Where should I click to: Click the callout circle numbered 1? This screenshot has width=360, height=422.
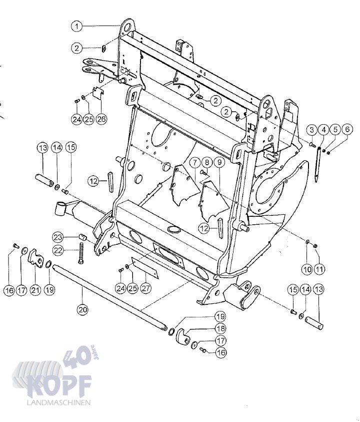pyautogui.click(x=77, y=27)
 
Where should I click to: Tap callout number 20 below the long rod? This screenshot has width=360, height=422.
pyautogui.click(x=82, y=309)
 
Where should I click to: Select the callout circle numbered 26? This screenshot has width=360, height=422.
pyautogui.click(x=101, y=119)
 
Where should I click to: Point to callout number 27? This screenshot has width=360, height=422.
pyautogui.click(x=145, y=288)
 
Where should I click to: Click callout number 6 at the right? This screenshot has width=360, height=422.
pyautogui.click(x=347, y=130)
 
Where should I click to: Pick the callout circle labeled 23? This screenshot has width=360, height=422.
pyautogui.click(x=58, y=237)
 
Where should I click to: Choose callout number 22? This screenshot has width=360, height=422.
pyautogui.click(x=58, y=250)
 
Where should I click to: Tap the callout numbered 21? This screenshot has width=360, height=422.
pyautogui.click(x=35, y=290)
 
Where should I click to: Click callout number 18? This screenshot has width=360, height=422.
pyautogui.click(x=220, y=328)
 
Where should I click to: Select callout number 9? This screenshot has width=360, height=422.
pyautogui.click(x=220, y=162)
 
